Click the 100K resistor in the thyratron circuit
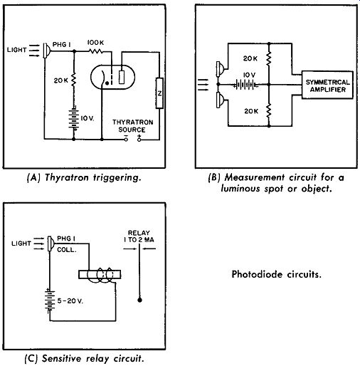pyautogui.click(x=96, y=51)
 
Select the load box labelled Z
pyautogui.click(x=159, y=93)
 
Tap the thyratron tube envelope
pyautogui.click(x=112, y=65)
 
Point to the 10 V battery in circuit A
pyautogui.click(x=74, y=119)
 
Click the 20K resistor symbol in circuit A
pyautogui.click(x=73, y=80)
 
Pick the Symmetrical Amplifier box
pyautogui.click(x=327, y=85)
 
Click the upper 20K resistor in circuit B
pyautogui.click(x=269, y=58)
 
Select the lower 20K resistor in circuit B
pyautogui.click(x=269, y=110)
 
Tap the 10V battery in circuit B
pyautogui.click(x=245, y=84)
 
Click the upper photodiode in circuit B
pyautogui.click(x=220, y=69)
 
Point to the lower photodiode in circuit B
pyautogui.click(x=220, y=100)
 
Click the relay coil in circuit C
pyautogui.click(x=100, y=275)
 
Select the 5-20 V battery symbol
pyautogui.click(x=50, y=300)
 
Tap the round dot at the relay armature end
pyautogui.click(x=139, y=300)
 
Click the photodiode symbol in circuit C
pyautogui.click(x=51, y=244)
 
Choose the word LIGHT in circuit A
pyautogui.click(x=16, y=50)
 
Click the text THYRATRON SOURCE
pyautogui.click(x=132, y=126)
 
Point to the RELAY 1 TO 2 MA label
pyautogui.click(x=139, y=236)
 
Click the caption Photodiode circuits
pyautogui.click(x=277, y=274)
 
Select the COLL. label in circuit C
pyautogui.click(x=67, y=250)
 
